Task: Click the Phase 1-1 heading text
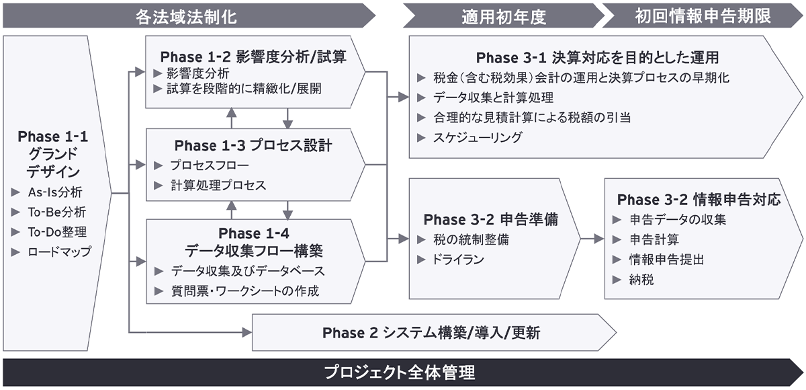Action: (x=53, y=136)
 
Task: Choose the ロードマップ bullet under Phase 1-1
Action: (x=60, y=253)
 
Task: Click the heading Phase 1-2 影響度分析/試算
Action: (x=253, y=57)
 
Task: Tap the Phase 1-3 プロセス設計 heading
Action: (x=253, y=145)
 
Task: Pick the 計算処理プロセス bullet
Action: (x=218, y=185)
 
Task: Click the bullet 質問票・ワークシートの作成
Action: (x=244, y=291)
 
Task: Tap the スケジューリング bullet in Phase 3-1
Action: (x=478, y=137)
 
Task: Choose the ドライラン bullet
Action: (x=459, y=260)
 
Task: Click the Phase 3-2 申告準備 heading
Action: (x=491, y=220)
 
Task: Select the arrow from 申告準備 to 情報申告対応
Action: (x=592, y=239)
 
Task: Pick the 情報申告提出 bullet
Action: (x=666, y=260)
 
